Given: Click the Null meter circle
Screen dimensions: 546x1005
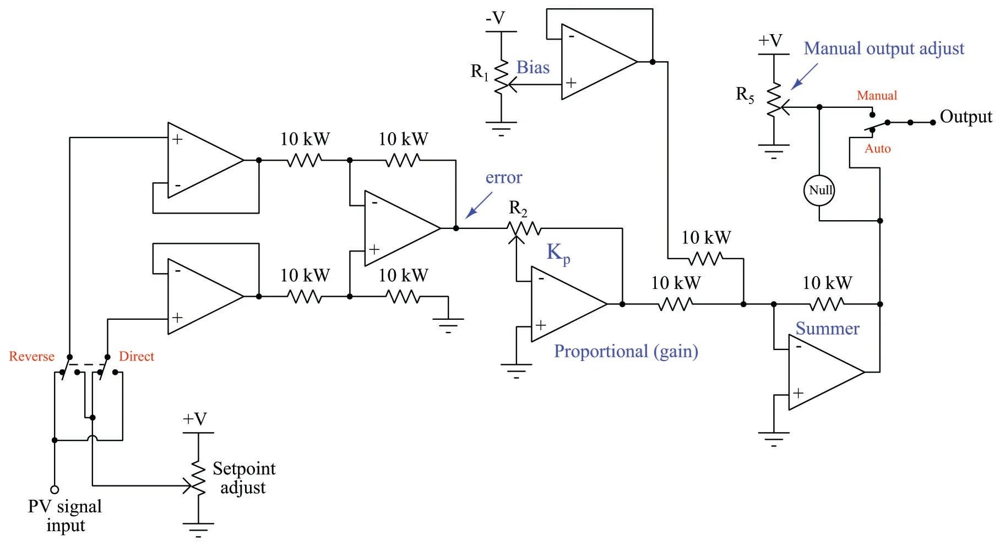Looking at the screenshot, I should [819, 190].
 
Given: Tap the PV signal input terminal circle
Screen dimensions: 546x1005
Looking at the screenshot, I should [55, 489].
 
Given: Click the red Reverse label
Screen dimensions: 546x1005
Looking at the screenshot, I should [31, 357].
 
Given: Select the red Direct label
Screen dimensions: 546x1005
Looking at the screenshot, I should [137, 357].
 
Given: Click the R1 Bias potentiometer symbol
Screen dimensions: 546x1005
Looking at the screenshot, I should [502, 77].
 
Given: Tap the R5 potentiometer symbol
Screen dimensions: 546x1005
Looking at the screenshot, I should [774, 99].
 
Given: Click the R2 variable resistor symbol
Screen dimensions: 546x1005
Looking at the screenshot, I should [524, 227].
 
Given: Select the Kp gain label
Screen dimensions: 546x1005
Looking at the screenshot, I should [558, 253].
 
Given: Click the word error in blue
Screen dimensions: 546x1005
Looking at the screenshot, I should [503, 178].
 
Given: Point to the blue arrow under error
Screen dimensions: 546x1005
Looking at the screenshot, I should [479, 205].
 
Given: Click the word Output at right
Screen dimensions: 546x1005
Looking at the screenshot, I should [965, 117].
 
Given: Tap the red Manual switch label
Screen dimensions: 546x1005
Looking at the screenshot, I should [877, 96].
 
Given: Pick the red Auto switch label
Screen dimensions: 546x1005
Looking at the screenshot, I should [877, 149].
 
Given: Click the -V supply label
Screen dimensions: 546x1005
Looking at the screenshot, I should [495, 18].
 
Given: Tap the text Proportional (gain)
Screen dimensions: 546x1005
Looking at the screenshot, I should [626, 351].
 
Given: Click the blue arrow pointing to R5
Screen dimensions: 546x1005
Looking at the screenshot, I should [804, 77].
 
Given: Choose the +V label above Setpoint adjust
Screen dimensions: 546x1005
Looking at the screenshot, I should [195, 419].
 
